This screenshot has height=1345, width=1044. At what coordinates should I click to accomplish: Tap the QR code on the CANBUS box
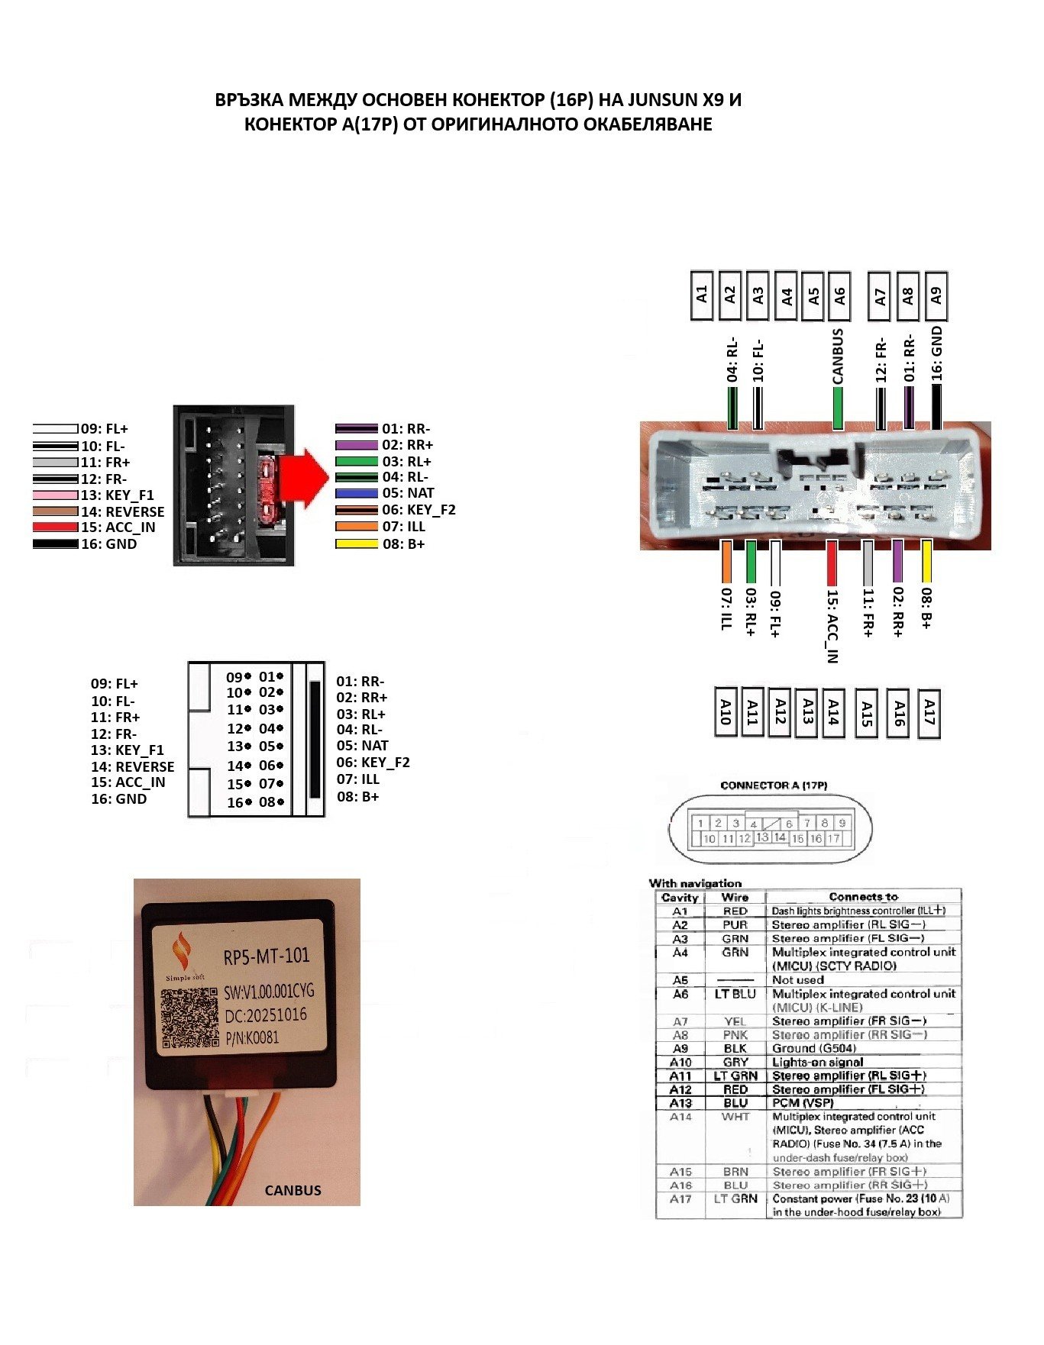click(x=189, y=1018)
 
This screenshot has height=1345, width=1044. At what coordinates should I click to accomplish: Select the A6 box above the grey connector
click(x=839, y=295)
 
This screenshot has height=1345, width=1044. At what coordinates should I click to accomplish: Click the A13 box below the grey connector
click(x=806, y=712)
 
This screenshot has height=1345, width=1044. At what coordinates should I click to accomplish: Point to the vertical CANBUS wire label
click(x=838, y=356)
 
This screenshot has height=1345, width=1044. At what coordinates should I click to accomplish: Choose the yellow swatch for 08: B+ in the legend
click(x=357, y=544)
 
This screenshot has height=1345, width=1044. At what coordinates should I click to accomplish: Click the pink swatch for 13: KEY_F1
click(x=55, y=495)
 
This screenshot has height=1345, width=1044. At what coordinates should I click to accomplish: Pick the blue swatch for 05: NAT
click(x=357, y=494)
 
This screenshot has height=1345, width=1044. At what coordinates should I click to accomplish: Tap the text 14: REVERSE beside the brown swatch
click(x=123, y=512)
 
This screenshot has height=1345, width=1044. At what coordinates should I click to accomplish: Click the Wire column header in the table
click(x=735, y=897)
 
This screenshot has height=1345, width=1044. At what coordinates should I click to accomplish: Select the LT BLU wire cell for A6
click(x=735, y=994)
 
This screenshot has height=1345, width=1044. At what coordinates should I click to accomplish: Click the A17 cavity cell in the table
click(x=680, y=1199)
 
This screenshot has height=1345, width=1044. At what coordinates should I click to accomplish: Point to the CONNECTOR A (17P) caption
click(x=773, y=785)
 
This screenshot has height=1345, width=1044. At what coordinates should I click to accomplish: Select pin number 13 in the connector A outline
click(x=761, y=837)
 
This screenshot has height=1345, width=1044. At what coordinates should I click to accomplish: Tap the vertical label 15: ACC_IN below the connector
click(x=832, y=627)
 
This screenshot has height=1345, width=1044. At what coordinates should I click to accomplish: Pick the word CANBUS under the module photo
click(x=293, y=1190)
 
